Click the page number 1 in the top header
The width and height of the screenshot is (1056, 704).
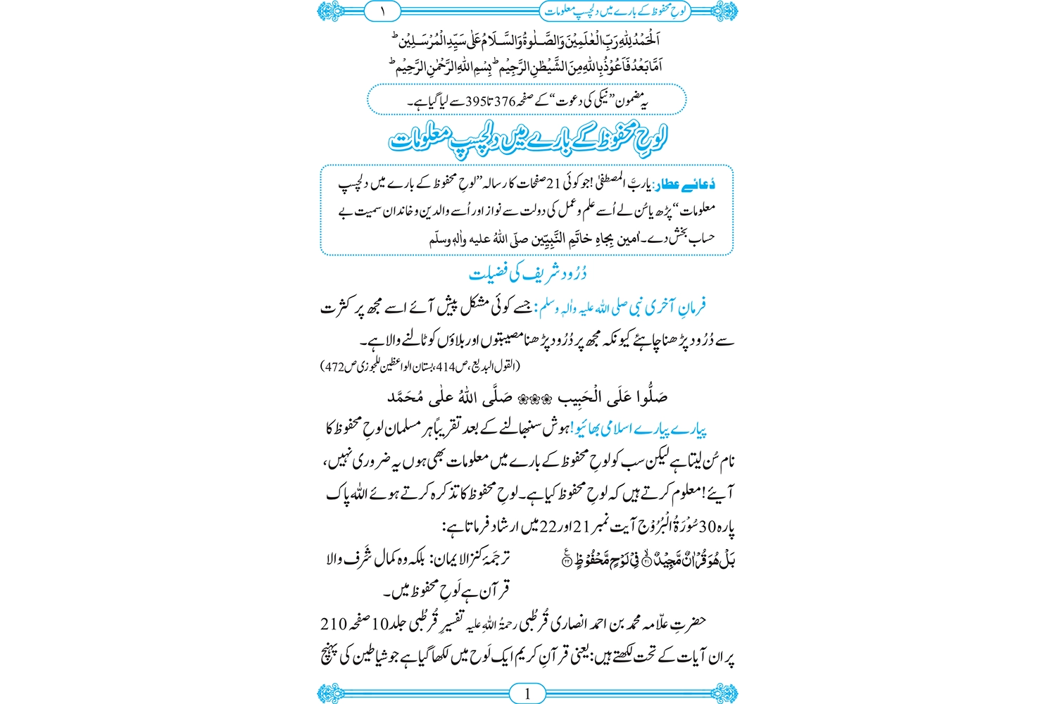383,11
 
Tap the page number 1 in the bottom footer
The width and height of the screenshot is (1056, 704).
527,693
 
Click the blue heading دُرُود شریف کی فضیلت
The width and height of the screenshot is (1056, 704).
527,273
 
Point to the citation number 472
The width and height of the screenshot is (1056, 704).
334,366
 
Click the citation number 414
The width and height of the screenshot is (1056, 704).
446,366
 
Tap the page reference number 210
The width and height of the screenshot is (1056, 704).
334,624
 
